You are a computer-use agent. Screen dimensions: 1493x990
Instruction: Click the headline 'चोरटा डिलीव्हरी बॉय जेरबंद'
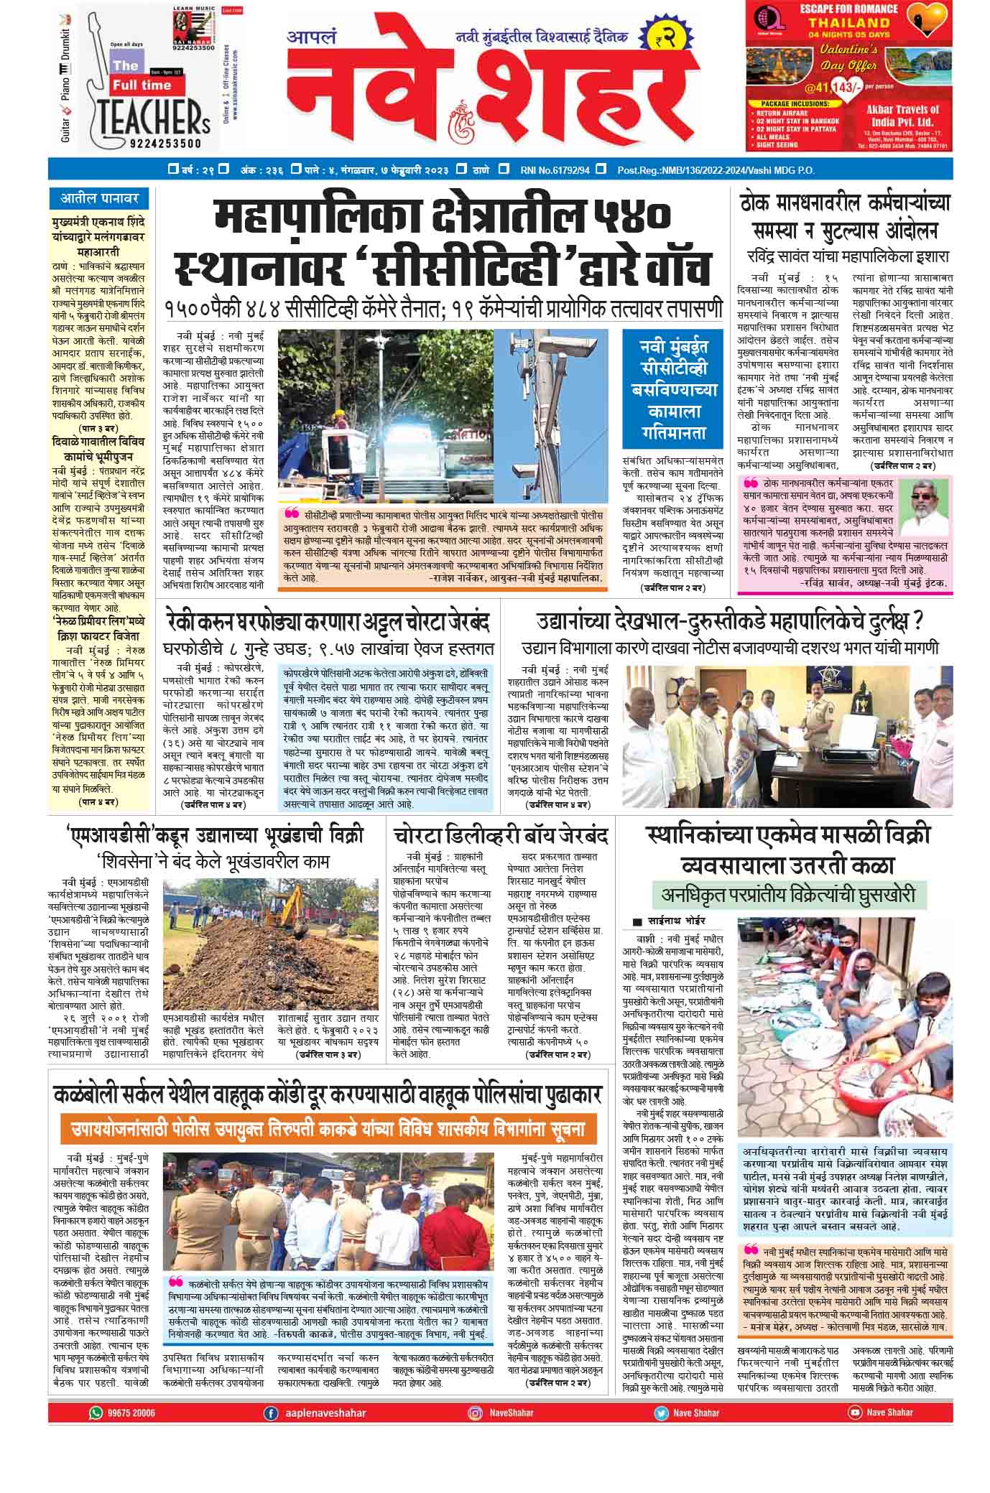click(500, 836)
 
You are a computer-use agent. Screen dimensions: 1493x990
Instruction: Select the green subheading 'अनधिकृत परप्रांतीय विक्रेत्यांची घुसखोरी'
click(789, 895)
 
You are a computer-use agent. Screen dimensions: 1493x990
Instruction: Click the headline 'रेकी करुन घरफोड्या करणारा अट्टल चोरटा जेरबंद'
click(327, 622)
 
